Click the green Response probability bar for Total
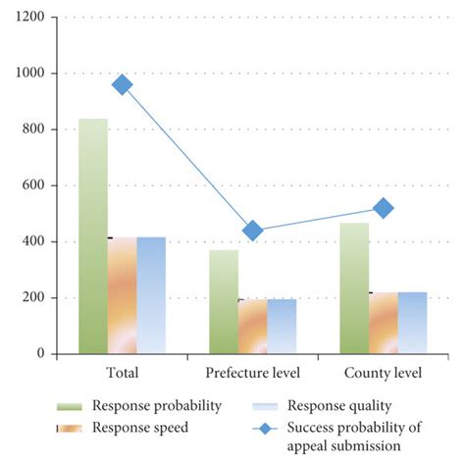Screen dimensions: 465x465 (x=93, y=235)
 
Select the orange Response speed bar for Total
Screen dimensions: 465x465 (x=123, y=295)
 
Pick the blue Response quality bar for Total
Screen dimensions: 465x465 (x=151, y=295)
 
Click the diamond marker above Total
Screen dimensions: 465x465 (x=123, y=84)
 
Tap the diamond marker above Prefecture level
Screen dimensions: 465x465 (x=253, y=231)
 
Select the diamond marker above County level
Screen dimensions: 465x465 (x=384, y=208)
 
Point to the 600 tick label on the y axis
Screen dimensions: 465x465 (x=35, y=185)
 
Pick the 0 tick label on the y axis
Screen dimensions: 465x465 (x=42, y=354)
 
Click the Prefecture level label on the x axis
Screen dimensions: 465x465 (x=252, y=374)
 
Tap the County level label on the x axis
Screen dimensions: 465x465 (x=383, y=374)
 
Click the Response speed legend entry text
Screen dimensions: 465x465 (x=139, y=427)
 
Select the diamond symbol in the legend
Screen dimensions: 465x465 (x=268, y=427)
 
